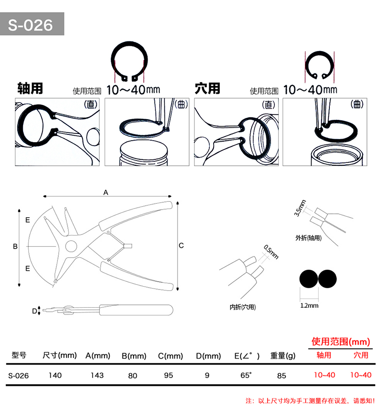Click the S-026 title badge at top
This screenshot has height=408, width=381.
(32, 24)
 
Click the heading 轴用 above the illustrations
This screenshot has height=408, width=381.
(30, 89)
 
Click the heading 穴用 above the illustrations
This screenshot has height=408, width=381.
(207, 89)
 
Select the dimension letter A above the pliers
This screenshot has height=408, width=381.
(106, 192)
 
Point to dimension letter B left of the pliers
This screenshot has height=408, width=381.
(15, 246)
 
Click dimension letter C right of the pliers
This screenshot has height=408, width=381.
(181, 245)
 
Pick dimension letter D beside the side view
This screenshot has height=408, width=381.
(34, 311)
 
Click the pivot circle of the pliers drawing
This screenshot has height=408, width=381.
(71, 246)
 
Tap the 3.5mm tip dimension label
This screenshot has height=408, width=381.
(299, 208)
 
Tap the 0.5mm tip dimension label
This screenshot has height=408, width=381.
(271, 252)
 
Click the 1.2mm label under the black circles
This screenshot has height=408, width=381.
(309, 305)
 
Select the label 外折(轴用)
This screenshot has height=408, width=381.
(309, 237)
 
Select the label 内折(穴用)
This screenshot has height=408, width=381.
(243, 307)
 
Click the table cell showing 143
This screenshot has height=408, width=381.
(97, 375)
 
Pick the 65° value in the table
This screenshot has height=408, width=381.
(246, 375)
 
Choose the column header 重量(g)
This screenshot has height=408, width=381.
(283, 355)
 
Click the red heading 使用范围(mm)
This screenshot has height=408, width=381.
(340, 342)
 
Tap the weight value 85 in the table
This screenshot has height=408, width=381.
(282, 375)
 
